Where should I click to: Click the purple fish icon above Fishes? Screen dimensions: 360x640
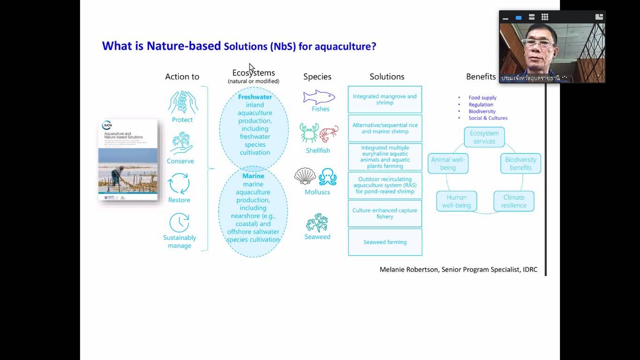[319, 97]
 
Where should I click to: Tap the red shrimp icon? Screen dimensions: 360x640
[329, 134]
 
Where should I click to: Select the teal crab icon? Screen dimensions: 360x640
[309, 133]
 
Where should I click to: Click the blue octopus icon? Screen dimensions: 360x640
[327, 177]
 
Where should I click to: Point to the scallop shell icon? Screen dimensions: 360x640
[305, 176]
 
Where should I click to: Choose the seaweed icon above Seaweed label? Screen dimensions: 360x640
[317, 223]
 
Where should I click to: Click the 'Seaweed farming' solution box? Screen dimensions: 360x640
[385, 242]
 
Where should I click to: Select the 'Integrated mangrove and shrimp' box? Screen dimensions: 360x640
[385, 99]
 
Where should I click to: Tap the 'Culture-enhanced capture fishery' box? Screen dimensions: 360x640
[385, 213]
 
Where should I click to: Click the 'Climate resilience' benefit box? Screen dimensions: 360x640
[513, 201]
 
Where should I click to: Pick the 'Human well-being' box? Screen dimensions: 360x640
[456, 201]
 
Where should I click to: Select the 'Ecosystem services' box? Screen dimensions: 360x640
[484, 137]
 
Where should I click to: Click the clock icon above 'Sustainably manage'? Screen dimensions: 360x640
[179, 223]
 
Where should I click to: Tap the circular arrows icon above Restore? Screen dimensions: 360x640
[179, 183]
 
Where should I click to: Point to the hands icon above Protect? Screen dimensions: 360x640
[183, 102]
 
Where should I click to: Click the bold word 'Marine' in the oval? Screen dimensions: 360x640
[253, 176]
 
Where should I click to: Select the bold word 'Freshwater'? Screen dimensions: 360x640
[255, 97]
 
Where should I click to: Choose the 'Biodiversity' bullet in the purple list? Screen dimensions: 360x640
[482, 112]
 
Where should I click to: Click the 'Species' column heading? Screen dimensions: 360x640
[317, 76]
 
